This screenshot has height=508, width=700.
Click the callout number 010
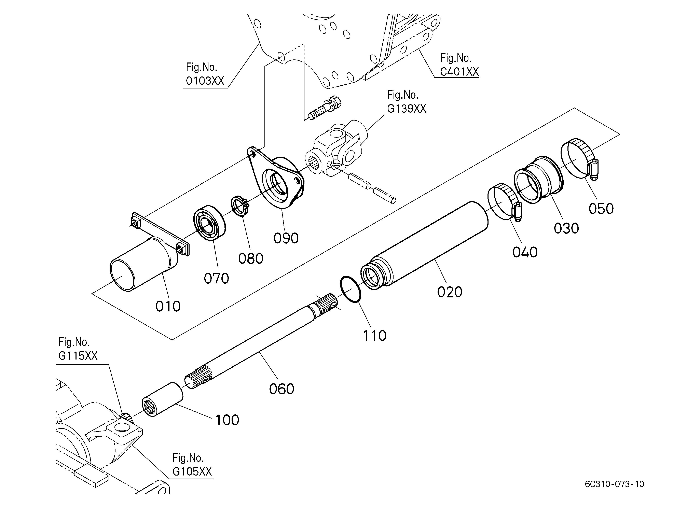[x=168, y=306]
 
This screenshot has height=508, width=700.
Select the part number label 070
[x=216, y=278]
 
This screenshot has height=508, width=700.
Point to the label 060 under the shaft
[x=282, y=389]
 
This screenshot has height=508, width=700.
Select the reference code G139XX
[x=407, y=109]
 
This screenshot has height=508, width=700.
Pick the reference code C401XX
[x=459, y=72]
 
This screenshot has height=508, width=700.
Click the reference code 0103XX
[x=205, y=81]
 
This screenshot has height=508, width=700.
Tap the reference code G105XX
[x=192, y=472]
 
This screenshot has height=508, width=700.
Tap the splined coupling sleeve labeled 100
[x=163, y=399]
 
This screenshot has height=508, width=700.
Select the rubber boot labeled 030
[x=539, y=180]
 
